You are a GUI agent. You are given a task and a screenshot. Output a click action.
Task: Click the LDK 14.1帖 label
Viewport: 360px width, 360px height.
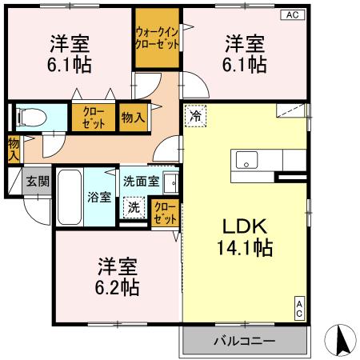(x=243, y=235)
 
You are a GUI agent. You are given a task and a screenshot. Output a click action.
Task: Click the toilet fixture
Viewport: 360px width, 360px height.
(x=30, y=118)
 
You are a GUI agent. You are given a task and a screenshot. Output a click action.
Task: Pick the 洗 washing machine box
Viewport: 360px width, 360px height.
(x=134, y=207)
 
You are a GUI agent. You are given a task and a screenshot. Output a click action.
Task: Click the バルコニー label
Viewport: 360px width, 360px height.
(x=244, y=341)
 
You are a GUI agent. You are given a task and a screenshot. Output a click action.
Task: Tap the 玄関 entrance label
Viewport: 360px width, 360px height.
(x=37, y=182)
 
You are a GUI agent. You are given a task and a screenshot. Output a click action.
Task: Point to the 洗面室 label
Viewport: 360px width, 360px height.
(x=141, y=181)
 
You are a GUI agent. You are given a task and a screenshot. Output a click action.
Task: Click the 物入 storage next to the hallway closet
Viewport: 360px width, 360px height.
(x=133, y=117)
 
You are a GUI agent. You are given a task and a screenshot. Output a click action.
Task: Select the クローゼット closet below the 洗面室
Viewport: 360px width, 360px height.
(x=164, y=214)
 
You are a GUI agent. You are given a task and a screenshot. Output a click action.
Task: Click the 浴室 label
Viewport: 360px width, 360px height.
(x=98, y=197)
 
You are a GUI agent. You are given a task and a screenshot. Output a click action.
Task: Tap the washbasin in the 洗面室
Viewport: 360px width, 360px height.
(x=170, y=182)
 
